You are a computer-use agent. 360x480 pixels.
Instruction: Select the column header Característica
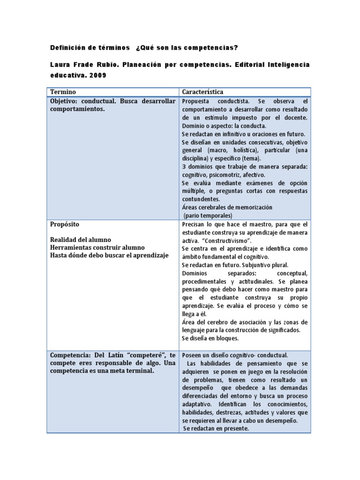tap(202, 92)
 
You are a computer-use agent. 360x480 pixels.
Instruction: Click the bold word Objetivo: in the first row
tap(67, 101)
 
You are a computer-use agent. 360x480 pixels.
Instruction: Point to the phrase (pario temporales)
tap(208, 216)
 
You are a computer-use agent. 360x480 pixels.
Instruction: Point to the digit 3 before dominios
tap(183, 166)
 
